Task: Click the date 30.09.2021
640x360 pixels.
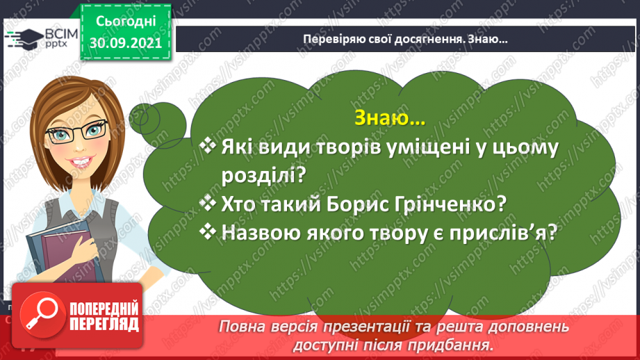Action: (126, 43)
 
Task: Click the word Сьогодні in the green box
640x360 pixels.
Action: (126, 22)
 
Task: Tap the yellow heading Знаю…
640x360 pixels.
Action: (390, 118)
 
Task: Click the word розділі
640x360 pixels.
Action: (263, 176)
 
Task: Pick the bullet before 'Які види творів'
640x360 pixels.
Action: (208, 146)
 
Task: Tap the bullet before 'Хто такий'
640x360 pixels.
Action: (208, 203)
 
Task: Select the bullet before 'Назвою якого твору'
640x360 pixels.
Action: (208, 231)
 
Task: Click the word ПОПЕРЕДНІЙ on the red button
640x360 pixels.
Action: (104, 309)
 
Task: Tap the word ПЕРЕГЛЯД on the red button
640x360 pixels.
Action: (104, 325)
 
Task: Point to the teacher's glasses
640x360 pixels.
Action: (77, 132)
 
